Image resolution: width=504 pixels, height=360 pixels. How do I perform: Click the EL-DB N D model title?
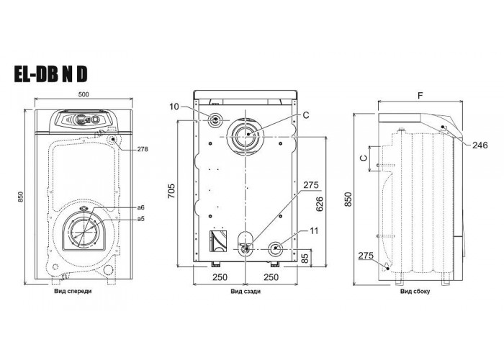coord(50,74)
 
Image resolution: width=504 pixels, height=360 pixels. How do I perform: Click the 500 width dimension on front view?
coord(84,94)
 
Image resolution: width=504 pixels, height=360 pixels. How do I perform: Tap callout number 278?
coord(143,149)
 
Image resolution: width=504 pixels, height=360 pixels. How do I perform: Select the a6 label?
coord(141,208)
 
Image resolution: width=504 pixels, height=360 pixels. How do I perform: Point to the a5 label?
coord(141,219)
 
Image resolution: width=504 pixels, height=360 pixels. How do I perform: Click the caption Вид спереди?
coord(73,291)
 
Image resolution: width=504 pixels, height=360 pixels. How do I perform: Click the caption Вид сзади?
coord(246,292)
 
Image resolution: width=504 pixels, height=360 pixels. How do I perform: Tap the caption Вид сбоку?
coord(415,292)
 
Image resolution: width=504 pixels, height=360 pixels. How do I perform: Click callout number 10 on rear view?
coord(174,107)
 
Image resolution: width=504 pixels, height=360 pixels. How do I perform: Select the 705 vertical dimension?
coord(171,191)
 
